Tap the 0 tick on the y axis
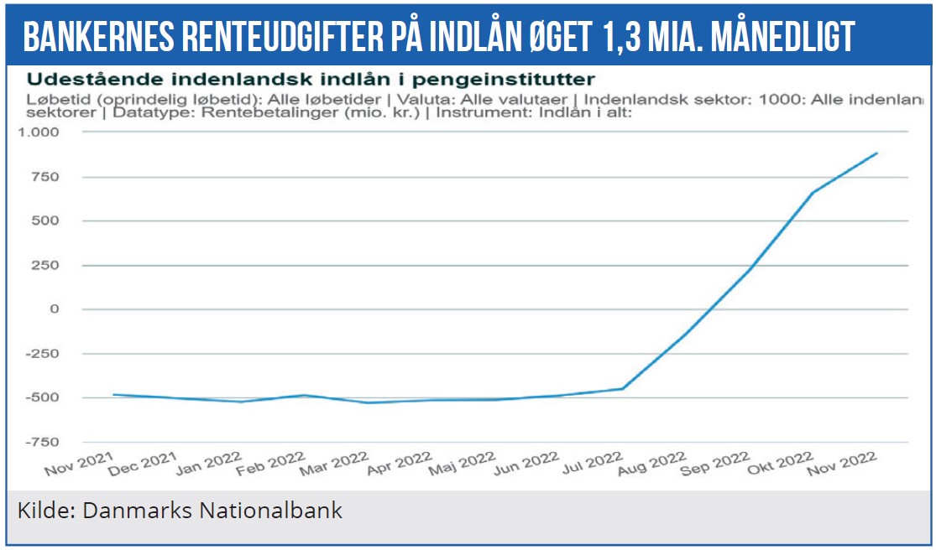(x=55, y=309)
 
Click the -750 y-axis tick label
(x=42, y=442)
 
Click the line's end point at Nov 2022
(x=877, y=153)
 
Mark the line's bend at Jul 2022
(x=622, y=388)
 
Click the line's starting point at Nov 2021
(x=113, y=395)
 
